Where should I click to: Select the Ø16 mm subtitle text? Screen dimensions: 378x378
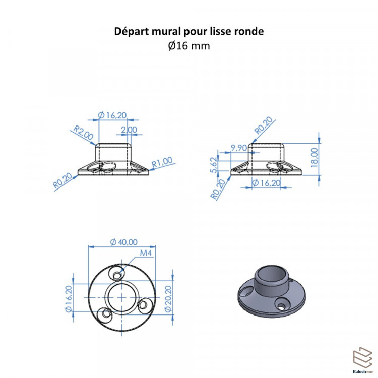189,46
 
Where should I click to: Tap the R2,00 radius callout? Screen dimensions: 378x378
83,133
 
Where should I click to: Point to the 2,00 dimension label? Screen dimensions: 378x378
129,130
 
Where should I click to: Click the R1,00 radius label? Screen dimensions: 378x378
162,162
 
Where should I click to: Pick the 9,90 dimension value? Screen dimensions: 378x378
239,148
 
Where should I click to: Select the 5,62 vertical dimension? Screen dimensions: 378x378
214,165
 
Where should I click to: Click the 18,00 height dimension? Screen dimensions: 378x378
314,158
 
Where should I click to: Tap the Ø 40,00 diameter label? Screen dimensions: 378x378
123,242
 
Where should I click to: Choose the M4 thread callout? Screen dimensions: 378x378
146,253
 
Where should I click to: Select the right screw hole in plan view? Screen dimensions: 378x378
144,305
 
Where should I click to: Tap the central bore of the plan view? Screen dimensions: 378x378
122,297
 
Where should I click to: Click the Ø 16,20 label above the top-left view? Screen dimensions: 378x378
112,115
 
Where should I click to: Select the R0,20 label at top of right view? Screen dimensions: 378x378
264,125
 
